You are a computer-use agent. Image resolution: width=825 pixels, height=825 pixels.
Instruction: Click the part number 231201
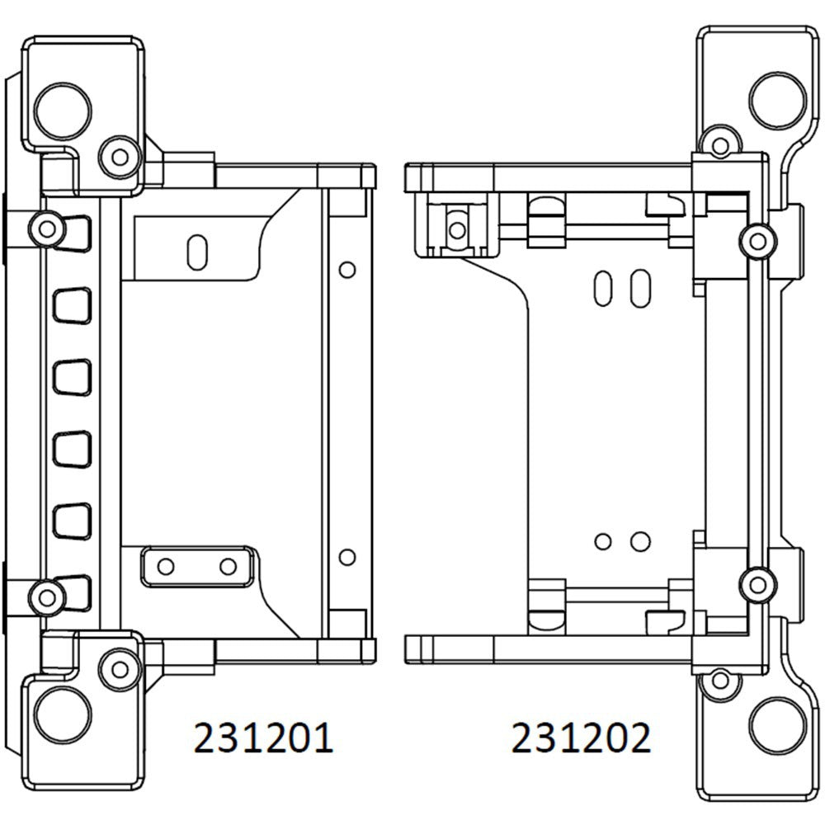pos(263,737)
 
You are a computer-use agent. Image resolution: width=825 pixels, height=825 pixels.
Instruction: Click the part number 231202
pos(581,737)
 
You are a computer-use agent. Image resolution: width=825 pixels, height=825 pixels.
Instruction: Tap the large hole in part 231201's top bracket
pos(64,106)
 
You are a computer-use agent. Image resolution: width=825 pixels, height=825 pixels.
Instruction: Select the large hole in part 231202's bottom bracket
pos(778,719)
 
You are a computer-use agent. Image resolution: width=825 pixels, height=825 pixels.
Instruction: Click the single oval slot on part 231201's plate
pos(197,252)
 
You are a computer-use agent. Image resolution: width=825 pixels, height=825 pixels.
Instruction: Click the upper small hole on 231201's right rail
pos(347,269)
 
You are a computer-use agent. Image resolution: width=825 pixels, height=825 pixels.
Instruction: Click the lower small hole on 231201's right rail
pos(347,556)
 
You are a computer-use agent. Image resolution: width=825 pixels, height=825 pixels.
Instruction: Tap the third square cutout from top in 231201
pos(71,377)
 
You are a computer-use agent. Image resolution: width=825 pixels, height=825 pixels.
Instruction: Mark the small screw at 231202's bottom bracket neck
pos(721,681)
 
